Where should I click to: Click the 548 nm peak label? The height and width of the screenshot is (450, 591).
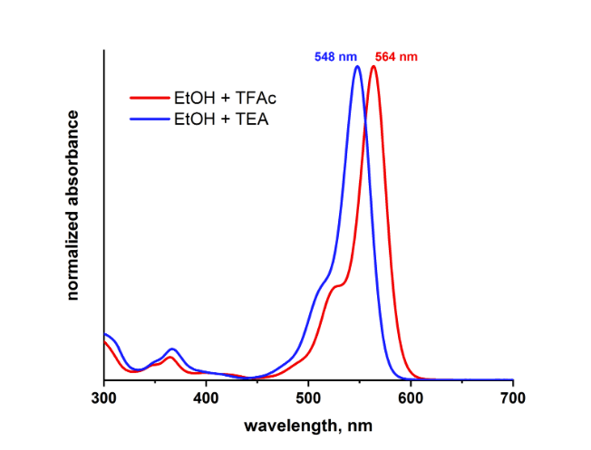pyautogui.click(x=335, y=56)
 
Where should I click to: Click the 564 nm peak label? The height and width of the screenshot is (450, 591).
pyautogui.click(x=396, y=56)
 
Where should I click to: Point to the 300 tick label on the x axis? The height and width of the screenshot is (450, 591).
pyautogui.click(x=104, y=397)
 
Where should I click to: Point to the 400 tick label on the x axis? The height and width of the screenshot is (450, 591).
pyautogui.click(x=207, y=397)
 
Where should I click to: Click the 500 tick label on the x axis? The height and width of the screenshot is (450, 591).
pyautogui.click(x=309, y=397)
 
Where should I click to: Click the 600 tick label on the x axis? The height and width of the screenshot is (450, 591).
pyautogui.click(x=411, y=397)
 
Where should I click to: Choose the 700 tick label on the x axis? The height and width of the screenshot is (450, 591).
pyautogui.click(x=513, y=397)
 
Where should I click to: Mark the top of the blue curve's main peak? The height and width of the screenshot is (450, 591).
pyautogui.click(x=358, y=66)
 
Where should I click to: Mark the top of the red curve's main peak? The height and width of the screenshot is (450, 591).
pyautogui.click(x=373, y=66)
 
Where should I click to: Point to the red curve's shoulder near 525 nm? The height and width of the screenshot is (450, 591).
pyautogui.click(x=337, y=286)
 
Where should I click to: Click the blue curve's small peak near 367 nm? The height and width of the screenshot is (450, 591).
pyautogui.click(x=172, y=349)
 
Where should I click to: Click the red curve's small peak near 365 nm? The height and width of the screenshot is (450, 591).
pyautogui.click(x=170, y=357)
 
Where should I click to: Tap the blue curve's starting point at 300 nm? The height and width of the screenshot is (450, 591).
pyautogui.click(x=105, y=334)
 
